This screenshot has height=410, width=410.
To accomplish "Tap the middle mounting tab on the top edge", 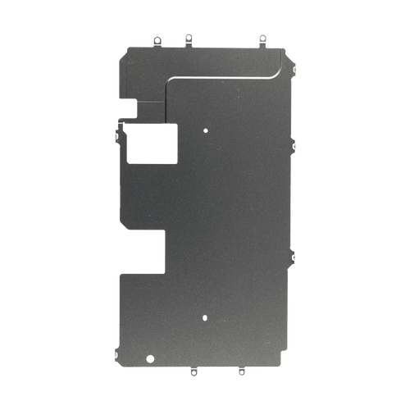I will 188,38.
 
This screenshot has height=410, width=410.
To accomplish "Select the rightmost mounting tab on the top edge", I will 262,38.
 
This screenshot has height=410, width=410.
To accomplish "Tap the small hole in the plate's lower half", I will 205,316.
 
